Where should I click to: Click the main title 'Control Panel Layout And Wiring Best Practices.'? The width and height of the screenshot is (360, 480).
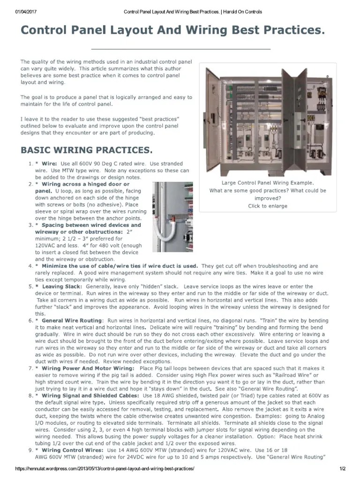pyautogui.click(x=172, y=30)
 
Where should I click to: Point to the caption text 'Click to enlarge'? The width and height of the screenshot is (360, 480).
pyautogui.click(x=268, y=206)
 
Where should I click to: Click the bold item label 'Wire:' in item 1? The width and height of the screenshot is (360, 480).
pyautogui.click(x=49, y=164)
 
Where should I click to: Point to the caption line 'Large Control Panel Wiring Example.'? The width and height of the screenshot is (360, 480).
pyautogui.click(x=268, y=183)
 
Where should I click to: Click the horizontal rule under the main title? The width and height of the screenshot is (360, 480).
pyautogui.click(x=180, y=49)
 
